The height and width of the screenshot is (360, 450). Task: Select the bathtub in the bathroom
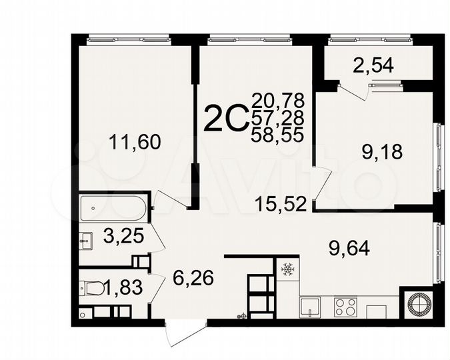(113, 207)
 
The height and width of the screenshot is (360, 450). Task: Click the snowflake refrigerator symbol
(288, 269)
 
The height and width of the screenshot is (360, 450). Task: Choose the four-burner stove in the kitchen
(345, 307)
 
